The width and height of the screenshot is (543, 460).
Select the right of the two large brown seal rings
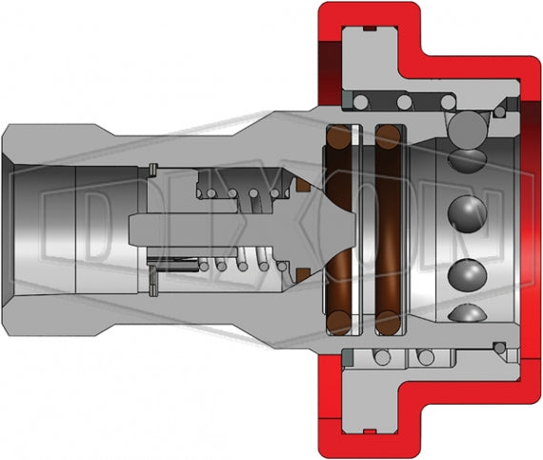click(x=388, y=229)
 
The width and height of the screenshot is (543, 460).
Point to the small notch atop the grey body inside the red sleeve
click(x=371, y=32)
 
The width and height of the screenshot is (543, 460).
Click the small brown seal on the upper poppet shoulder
click(x=301, y=182)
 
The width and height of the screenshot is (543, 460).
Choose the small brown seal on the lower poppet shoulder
click(x=301, y=276)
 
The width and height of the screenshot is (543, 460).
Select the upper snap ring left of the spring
click(x=152, y=170)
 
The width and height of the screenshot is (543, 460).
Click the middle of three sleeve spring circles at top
click(x=403, y=101)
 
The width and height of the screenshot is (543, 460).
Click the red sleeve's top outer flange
click(x=368, y=15)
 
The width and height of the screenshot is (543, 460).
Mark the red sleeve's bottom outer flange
click(x=368, y=443)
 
